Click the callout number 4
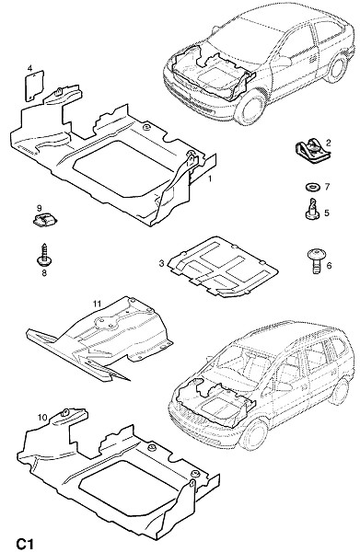point(30,67)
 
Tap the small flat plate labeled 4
point(35,86)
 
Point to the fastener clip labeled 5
point(312,210)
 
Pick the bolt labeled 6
point(316,259)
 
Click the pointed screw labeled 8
point(44,255)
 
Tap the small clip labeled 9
point(44,221)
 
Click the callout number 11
point(98,303)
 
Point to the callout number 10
point(42,418)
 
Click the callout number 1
point(210,178)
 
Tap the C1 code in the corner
point(24,544)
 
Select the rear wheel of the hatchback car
point(336,67)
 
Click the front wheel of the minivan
point(254,434)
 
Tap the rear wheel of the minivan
point(339,391)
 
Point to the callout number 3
point(162,263)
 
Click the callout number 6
point(329,265)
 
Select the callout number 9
point(39,208)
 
